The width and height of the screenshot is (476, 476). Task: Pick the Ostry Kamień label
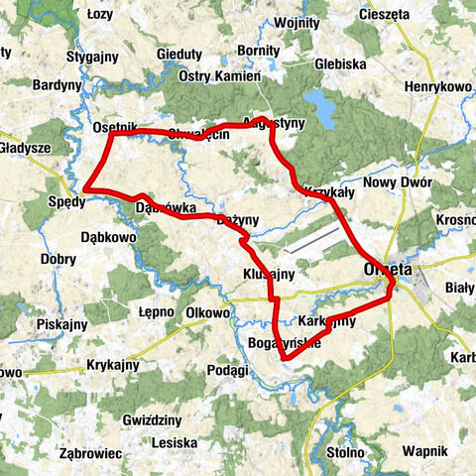click(x=219, y=76)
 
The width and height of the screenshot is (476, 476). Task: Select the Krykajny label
click(x=117, y=364)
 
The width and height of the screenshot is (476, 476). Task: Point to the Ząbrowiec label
click(x=90, y=452)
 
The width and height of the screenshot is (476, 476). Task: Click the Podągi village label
click(x=228, y=370)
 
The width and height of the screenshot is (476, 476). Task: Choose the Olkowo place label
click(x=205, y=312)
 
